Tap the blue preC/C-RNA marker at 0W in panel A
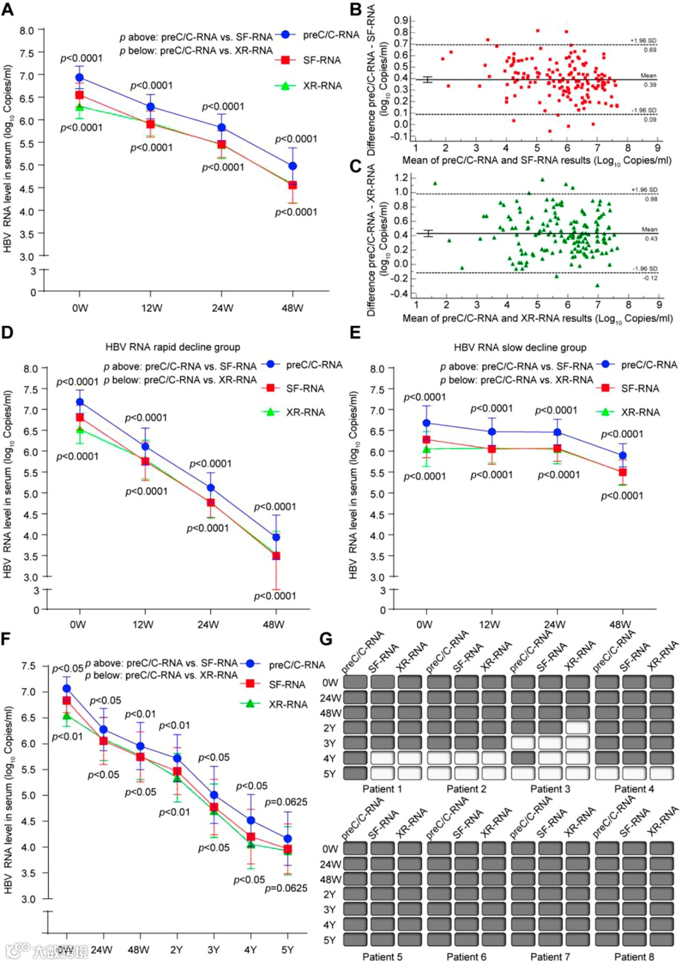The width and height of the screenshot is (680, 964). click(x=79, y=77)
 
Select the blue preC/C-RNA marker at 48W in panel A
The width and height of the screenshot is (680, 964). click(x=292, y=166)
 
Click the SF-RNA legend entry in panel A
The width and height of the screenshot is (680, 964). click(x=321, y=60)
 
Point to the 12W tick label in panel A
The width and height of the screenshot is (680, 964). click(x=151, y=308)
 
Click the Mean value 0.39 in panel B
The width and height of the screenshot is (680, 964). click(x=650, y=85)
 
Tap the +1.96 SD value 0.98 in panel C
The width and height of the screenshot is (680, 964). click(x=650, y=199)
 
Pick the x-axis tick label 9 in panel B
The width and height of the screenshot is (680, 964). click(x=658, y=148)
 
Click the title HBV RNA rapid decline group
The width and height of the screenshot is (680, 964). click(x=173, y=347)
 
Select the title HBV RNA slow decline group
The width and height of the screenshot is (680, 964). click(x=520, y=347)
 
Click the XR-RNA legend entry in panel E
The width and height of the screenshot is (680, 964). click(x=640, y=412)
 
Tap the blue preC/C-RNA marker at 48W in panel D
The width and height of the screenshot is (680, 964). click(x=276, y=537)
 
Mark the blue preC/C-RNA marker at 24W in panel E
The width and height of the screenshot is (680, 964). click(x=557, y=432)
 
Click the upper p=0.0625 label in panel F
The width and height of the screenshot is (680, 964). click(x=286, y=802)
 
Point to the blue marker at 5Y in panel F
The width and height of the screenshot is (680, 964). click(x=288, y=839)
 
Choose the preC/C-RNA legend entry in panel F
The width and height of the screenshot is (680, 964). click(x=296, y=664)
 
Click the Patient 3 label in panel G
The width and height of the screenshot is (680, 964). click(x=550, y=789)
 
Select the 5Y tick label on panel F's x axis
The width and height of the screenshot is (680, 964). click(x=288, y=950)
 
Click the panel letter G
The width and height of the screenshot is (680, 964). click(x=326, y=639)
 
